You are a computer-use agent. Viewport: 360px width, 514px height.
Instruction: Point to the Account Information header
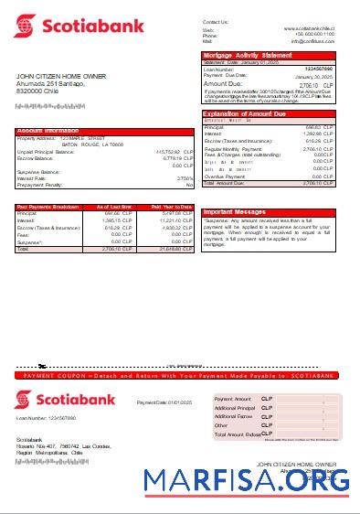tap(48, 131)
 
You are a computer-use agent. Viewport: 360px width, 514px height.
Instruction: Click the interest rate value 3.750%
tap(185, 178)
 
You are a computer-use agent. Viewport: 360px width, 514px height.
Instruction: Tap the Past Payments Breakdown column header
tap(47, 208)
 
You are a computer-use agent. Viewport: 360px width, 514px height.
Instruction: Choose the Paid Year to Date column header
tap(172, 208)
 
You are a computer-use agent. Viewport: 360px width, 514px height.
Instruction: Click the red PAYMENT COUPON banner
tap(180, 376)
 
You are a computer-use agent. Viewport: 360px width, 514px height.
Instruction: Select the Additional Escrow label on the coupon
tap(233, 416)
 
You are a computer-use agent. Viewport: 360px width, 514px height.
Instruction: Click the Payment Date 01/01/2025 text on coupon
tap(164, 402)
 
